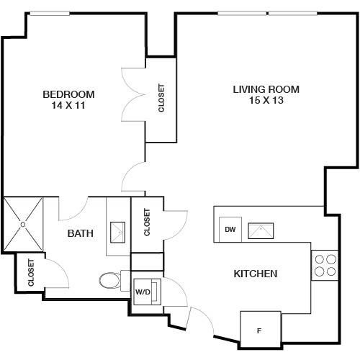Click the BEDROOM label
pyautogui.click(x=68, y=94)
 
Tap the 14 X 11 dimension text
pyautogui.click(x=68, y=105)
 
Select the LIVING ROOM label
pyautogui.click(x=266, y=89)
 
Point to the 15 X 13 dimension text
pyautogui.click(x=266, y=100)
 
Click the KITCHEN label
pyautogui.click(x=256, y=274)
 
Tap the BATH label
pyautogui.click(x=80, y=233)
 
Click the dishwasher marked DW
pyautogui.click(x=230, y=230)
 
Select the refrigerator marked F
pyautogui.click(x=261, y=329)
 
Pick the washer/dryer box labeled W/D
pyautogui.click(x=147, y=292)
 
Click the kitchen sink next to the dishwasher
pyautogui.click(x=261, y=231)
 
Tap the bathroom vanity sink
pyautogui.click(x=117, y=233)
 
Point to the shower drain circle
pyautogui.click(x=23, y=225)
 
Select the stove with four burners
pyautogui.click(x=325, y=265)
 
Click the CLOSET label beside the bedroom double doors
pyautogui.click(x=161, y=98)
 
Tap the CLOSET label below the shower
pyautogui.click(x=31, y=273)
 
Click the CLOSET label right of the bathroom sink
pyautogui.click(x=147, y=222)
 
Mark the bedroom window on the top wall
pyautogui.click(x=50, y=14)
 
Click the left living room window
pyautogui.click(x=242, y=13)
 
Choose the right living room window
pyautogui.click(x=293, y=13)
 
